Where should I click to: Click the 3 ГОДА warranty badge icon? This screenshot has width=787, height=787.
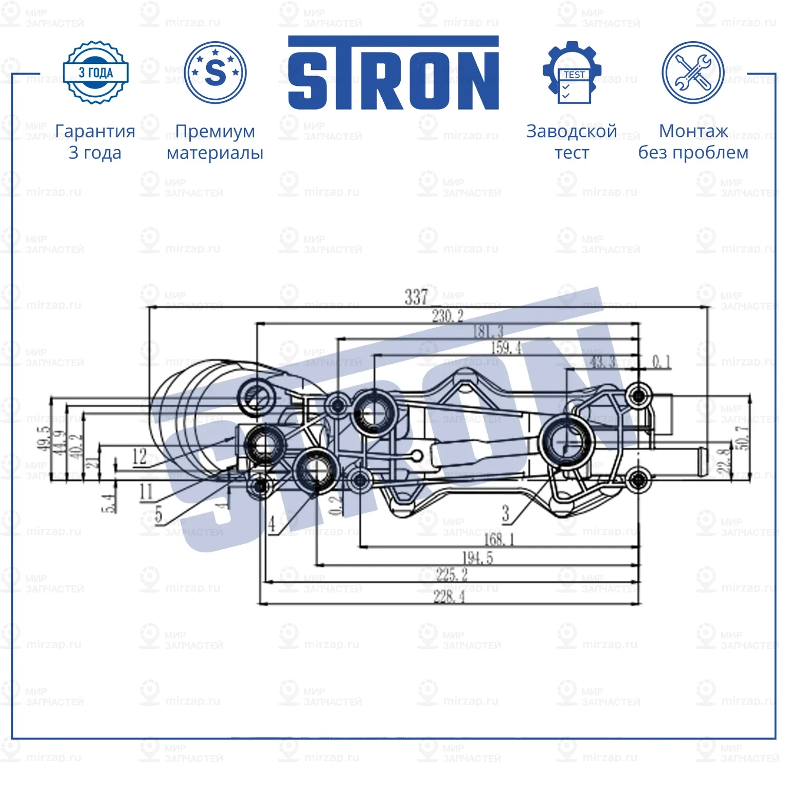click(95, 73)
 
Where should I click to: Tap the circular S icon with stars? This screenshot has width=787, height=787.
click(215, 73)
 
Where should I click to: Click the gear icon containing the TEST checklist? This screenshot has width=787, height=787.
click(572, 73)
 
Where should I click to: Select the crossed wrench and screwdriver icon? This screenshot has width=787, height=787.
click(692, 73)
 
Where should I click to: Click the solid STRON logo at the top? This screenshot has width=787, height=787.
click(393, 73)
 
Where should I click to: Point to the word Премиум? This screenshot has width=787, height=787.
click(215, 131)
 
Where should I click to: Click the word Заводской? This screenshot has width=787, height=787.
click(571, 131)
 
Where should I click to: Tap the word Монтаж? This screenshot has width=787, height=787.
click(693, 131)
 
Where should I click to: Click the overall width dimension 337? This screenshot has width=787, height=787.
click(416, 297)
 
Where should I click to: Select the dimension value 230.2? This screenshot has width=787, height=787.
click(448, 316)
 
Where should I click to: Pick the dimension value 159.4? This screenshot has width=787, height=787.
click(506, 348)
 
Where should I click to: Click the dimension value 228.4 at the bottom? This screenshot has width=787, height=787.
click(449, 597)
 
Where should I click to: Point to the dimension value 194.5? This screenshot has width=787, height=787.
click(477, 558)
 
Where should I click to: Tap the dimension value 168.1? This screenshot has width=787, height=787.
click(499, 539)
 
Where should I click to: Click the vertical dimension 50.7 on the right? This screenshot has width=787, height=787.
click(743, 438)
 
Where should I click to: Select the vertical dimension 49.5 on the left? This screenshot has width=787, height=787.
click(43, 438)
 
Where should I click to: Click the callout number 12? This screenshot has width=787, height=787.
click(139, 456)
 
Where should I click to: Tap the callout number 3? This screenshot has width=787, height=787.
click(506, 513)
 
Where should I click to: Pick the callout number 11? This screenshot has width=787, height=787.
click(146, 492)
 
